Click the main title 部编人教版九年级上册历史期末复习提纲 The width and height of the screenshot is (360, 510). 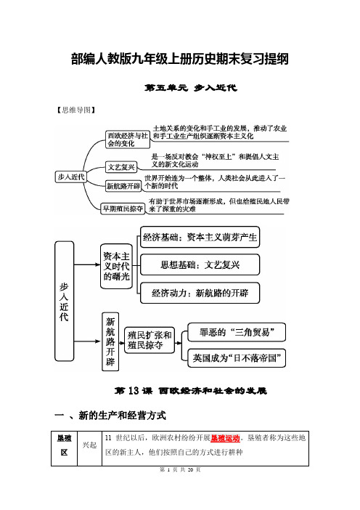[x=180, y=59]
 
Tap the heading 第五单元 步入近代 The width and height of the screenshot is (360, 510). [x=191, y=88]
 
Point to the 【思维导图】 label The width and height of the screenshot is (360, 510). [x=75, y=110]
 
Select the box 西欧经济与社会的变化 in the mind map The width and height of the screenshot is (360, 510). [x=128, y=139]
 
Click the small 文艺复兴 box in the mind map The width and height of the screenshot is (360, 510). [x=121, y=167]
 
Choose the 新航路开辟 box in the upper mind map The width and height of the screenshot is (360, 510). [x=123, y=186]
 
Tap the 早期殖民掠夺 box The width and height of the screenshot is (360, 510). [x=123, y=209]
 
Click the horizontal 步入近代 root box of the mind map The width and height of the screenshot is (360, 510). [x=71, y=177]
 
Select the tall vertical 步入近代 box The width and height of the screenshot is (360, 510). [x=64, y=301]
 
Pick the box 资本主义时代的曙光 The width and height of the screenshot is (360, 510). [x=116, y=267]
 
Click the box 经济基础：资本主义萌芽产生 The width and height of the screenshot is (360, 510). [x=200, y=237]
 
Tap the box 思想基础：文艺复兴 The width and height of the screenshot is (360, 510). [x=200, y=264]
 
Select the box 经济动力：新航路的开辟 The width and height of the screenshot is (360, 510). [x=200, y=293]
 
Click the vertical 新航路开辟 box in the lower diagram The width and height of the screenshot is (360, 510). [x=110, y=342]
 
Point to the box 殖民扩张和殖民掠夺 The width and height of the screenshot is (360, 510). [x=150, y=340]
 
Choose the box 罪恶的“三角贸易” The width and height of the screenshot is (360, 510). [x=237, y=332]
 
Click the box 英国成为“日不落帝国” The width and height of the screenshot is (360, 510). [x=237, y=358]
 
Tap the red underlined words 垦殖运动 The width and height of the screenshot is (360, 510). [x=225, y=438]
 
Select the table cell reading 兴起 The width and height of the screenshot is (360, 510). [x=89, y=445]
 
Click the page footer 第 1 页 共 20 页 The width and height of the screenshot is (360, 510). [x=180, y=469]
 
